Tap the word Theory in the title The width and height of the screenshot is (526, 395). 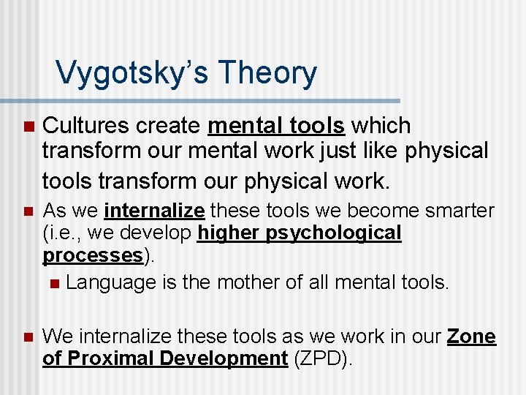coord(267,72)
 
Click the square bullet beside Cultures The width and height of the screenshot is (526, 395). coord(28,127)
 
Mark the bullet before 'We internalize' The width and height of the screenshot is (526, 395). coord(28,337)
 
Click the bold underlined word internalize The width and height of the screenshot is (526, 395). coord(154,211)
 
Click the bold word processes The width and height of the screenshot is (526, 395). coord(91,255)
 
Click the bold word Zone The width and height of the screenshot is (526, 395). coord(471,336)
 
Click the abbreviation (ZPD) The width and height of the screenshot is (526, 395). coord(321,358)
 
